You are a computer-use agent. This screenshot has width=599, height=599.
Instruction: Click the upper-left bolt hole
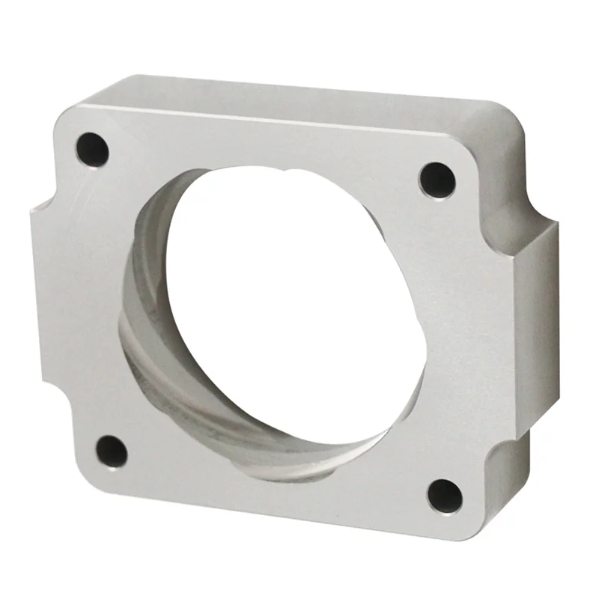[92, 149]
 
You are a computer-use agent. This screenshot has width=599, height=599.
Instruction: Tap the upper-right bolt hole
[437, 180]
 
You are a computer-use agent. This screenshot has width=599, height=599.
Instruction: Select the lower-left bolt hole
[112, 451]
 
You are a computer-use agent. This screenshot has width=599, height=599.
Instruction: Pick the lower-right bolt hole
[445, 496]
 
